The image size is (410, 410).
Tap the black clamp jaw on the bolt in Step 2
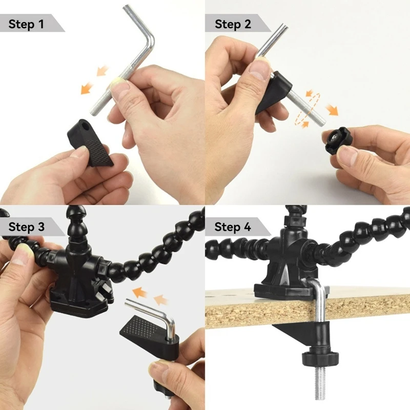274,92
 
